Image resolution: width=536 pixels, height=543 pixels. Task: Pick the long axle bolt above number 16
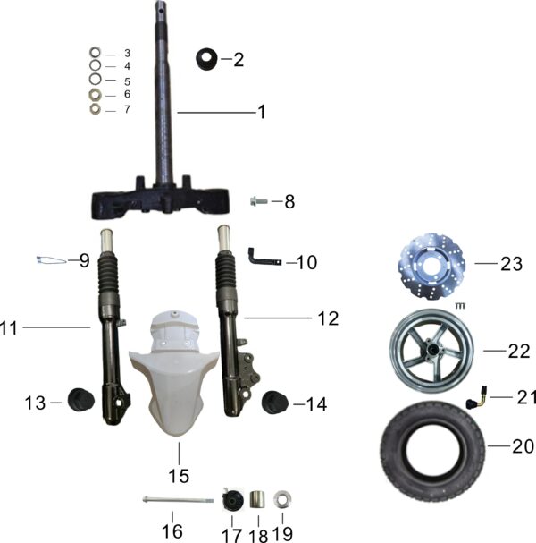click(178, 500)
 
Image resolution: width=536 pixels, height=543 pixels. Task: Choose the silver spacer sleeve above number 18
click(257, 499)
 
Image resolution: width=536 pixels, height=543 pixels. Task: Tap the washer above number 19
click(282, 499)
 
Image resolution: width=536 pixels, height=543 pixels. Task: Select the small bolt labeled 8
click(259, 201)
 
